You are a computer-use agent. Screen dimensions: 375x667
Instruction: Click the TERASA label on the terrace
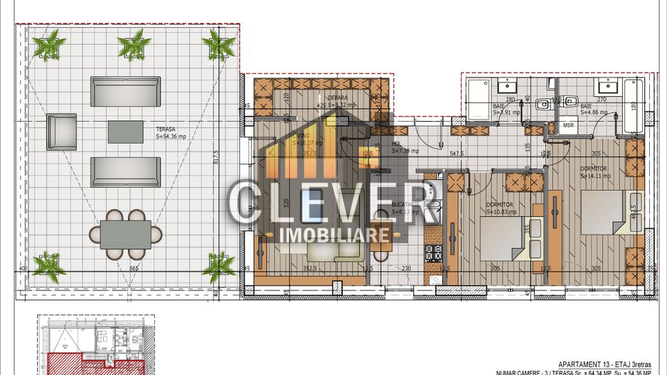click(166, 130)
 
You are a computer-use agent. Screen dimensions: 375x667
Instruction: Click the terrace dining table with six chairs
click(126, 234)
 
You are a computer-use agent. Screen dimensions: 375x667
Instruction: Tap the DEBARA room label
click(337, 98)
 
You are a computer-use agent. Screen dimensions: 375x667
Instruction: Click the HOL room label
click(397, 143)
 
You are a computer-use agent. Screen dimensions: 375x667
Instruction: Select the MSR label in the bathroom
click(569, 125)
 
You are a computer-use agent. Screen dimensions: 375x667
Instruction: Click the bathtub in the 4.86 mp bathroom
click(631, 106)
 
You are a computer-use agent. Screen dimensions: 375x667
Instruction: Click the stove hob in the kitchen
click(433, 253)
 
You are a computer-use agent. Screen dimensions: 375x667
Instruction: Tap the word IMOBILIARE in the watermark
click(334, 234)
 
